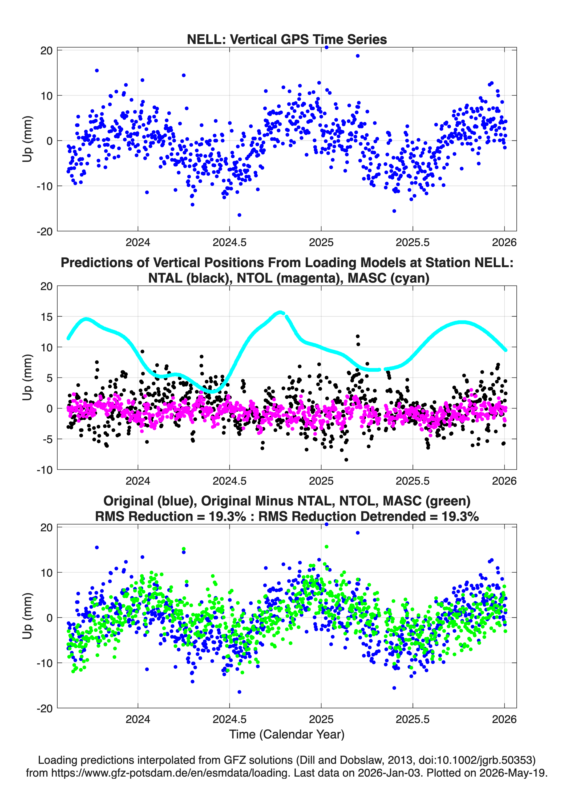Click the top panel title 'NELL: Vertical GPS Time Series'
(x=287, y=39)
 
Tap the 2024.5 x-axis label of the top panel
(x=229, y=242)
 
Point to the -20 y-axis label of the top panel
(x=45, y=231)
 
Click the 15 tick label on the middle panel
(x=47, y=316)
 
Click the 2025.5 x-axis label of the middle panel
(x=413, y=481)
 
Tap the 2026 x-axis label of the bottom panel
(x=504, y=719)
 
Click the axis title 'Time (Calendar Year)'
(x=287, y=734)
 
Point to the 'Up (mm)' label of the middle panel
(x=27, y=377)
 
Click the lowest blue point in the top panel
(x=239, y=215)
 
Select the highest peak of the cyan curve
(x=280, y=312)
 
